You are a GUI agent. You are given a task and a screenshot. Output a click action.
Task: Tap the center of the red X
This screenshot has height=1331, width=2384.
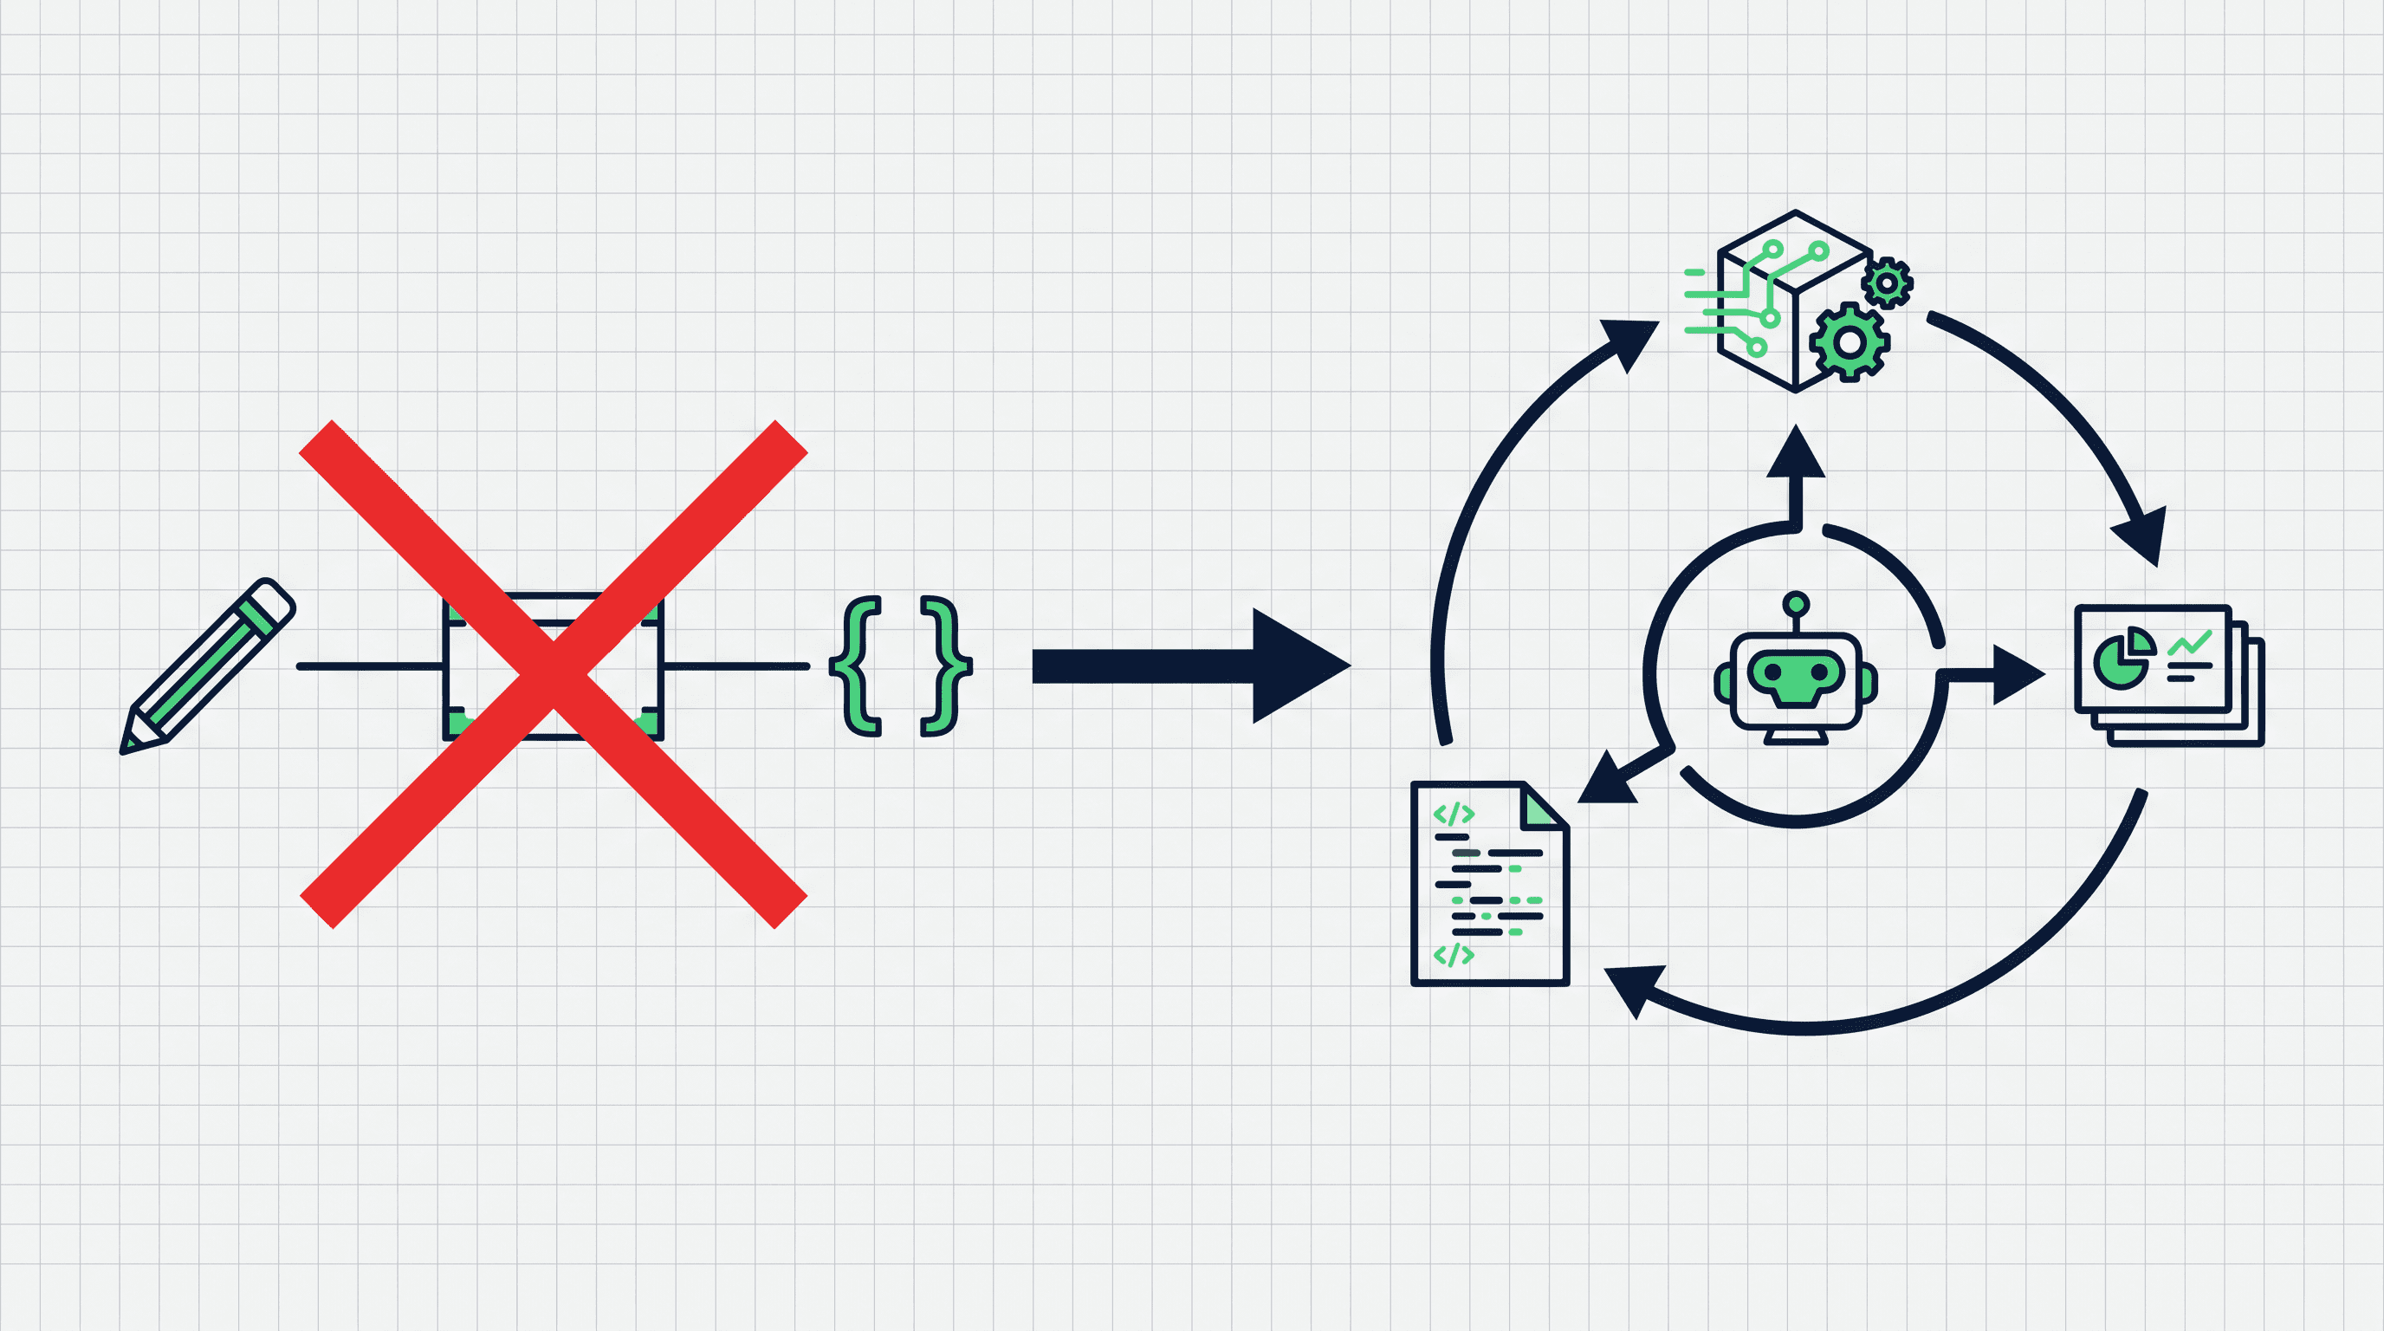[554, 674]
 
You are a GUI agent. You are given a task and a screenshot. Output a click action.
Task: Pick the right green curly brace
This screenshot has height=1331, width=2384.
[945, 666]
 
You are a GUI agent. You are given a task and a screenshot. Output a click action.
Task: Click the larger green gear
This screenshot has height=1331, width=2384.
[1850, 342]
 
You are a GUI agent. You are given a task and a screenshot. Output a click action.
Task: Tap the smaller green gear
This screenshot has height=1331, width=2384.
[1886, 283]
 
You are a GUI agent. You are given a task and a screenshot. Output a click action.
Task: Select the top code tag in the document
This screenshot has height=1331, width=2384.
[1453, 815]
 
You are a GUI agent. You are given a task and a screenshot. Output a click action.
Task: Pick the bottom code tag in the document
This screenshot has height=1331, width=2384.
[1453, 954]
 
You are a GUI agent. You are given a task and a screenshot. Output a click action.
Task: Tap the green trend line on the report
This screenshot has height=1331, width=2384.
[2190, 642]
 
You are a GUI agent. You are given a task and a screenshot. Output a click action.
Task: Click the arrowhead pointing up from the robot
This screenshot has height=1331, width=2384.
[1796, 453]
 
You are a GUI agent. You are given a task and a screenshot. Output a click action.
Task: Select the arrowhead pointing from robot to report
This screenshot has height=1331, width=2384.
[2018, 675]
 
